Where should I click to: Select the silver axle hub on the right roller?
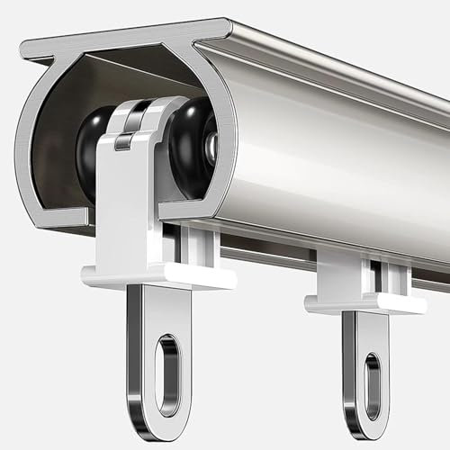pos(211,149)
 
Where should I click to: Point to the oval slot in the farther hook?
pos(373,386)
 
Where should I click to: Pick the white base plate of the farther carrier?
pos(364,304)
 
